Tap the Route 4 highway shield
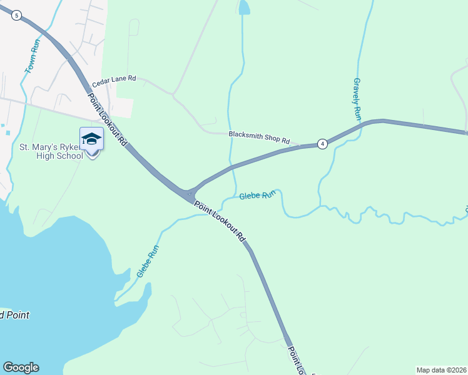point(322,144)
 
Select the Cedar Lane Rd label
point(114,81)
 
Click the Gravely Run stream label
point(357,99)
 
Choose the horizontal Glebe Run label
point(257,196)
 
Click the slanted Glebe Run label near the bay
point(148,261)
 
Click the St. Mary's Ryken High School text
point(51,151)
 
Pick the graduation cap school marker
point(91,139)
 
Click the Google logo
point(21,367)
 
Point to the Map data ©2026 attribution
point(442,369)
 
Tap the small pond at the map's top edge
point(243,7)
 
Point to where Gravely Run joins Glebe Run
point(321,205)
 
